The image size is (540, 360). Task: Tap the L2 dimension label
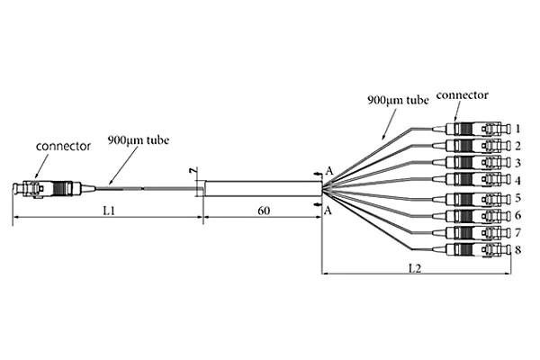tap(414, 268)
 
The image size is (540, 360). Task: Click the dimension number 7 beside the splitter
tap(191, 170)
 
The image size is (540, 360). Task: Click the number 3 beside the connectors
tap(517, 162)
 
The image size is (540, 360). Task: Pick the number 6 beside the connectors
tap(517, 216)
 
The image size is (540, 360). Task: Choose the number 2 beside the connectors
tap(517, 145)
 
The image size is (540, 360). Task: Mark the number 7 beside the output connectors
tap(517, 232)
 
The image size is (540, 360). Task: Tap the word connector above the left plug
tap(63, 146)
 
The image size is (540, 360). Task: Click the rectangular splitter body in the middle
tap(262, 189)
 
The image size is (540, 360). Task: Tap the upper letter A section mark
tap(329, 170)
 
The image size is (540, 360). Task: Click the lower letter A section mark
tap(329, 210)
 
